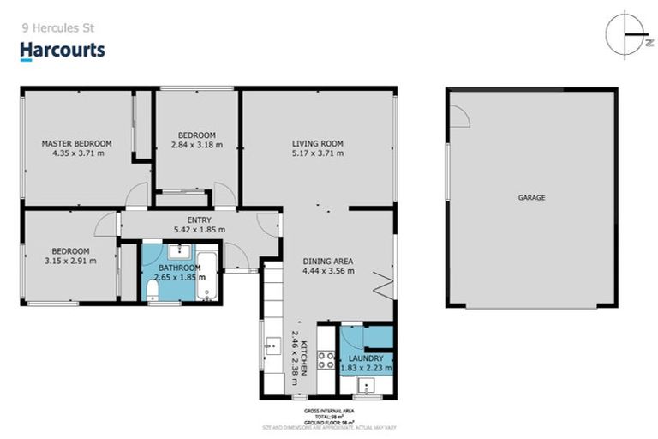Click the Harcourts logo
tap(63, 51)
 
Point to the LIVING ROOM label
tap(317, 143)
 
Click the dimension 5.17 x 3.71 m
tap(317, 154)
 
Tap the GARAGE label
tap(531, 197)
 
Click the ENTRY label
tap(199, 219)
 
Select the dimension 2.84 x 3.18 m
tap(196, 146)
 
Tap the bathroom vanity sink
tap(180, 251)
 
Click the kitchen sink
tap(272, 347)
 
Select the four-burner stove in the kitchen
tap(326, 359)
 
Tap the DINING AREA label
tap(328, 261)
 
